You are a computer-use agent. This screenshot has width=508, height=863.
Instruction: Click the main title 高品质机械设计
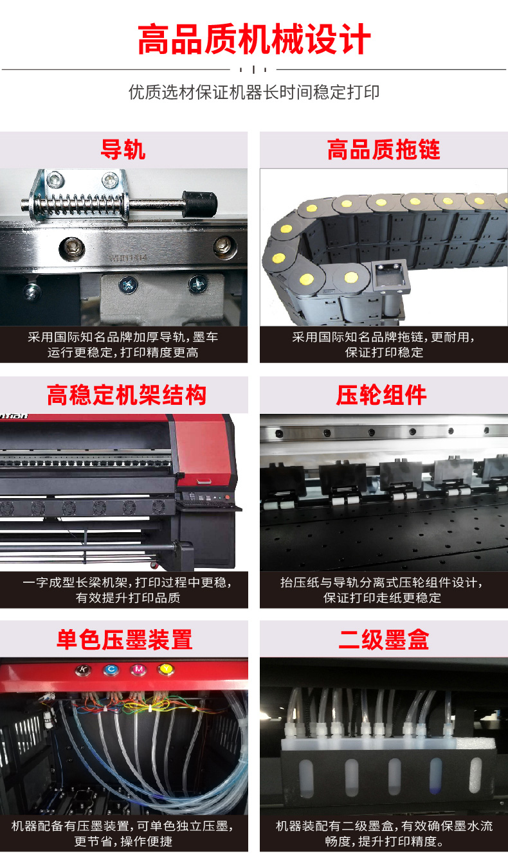click(x=254, y=39)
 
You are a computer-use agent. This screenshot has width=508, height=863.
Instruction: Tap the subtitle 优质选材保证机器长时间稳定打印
click(x=254, y=93)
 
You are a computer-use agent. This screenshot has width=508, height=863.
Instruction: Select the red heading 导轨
click(x=123, y=150)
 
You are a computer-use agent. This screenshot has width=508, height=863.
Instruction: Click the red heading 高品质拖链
click(x=383, y=150)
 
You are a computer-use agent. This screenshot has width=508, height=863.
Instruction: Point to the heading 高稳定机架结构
click(x=127, y=395)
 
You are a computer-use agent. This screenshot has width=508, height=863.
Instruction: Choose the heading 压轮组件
click(x=381, y=395)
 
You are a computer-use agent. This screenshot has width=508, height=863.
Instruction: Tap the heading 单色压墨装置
click(x=124, y=639)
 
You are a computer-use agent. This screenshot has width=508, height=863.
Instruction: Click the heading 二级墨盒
click(x=383, y=639)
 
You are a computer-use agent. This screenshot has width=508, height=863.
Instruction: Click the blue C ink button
click(x=111, y=670)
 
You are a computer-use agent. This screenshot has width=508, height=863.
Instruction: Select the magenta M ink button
click(x=138, y=670)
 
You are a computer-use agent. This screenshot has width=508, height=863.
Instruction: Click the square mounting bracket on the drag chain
click(x=390, y=275)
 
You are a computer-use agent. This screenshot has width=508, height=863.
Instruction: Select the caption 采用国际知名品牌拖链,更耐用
click(x=383, y=337)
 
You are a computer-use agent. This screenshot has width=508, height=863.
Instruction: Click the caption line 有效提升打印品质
click(x=128, y=598)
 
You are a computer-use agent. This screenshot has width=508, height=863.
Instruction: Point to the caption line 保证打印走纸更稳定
click(x=382, y=598)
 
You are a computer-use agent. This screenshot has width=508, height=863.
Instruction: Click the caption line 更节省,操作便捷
click(x=123, y=841)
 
